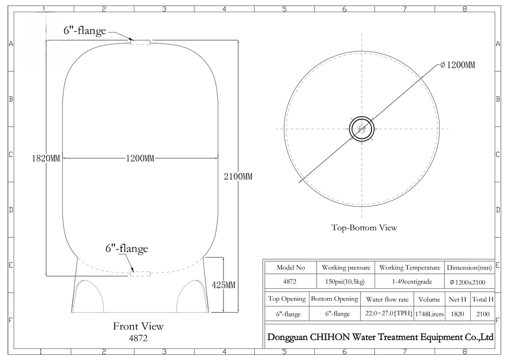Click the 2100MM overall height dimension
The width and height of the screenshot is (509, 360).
click(x=238, y=177)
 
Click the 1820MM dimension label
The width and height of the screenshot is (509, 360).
click(x=46, y=158)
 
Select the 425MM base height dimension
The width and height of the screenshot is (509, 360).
click(x=223, y=285)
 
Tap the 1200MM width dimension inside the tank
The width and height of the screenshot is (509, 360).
click(x=140, y=158)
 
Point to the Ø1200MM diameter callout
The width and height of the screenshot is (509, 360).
click(x=458, y=65)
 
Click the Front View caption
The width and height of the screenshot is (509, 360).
click(x=138, y=326)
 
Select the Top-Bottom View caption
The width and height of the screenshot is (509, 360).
click(x=364, y=228)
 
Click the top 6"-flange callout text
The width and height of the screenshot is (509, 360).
click(x=84, y=31)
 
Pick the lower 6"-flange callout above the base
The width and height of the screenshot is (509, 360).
click(x=127, y=248)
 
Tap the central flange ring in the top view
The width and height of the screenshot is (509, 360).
click(x=362, y=117)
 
